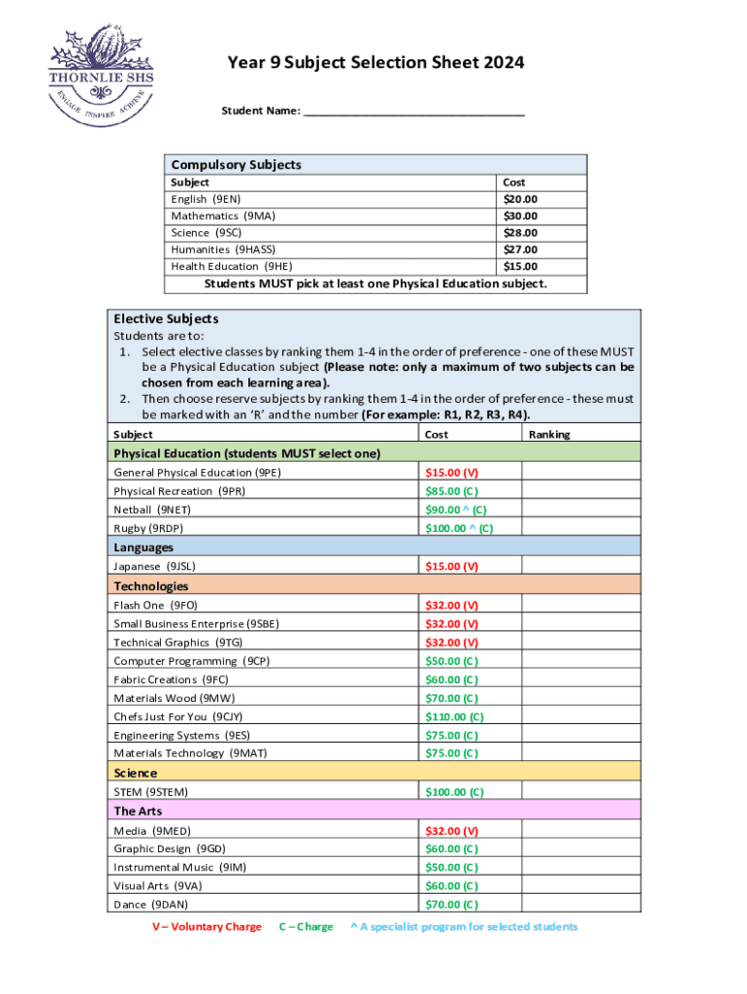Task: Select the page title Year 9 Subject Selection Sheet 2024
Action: point(375,63)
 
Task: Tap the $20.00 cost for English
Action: point(520,199)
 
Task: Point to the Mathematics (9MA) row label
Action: point(223,215)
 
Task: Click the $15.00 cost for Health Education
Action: point(520,266)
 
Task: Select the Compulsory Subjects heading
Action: point(236,165)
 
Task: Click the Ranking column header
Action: point(549,434)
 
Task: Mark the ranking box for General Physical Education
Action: point(581,472)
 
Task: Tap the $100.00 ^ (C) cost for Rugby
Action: point(459,528)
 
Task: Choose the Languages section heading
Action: point(144,547)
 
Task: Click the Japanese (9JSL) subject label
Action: point(161,566)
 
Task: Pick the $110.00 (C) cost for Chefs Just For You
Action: point(454,716)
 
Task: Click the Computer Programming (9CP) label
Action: point(191,661)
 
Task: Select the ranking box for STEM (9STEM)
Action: point(581,792)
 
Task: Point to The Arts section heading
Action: point(139,811)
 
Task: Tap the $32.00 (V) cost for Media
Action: point(451,831)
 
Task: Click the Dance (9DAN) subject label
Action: point(152,905)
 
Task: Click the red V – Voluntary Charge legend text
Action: point(206,927)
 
